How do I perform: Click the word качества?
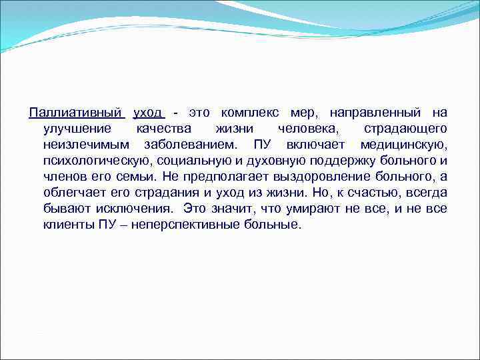click(x=163, y=128)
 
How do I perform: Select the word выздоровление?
click(x=307, y=177)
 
